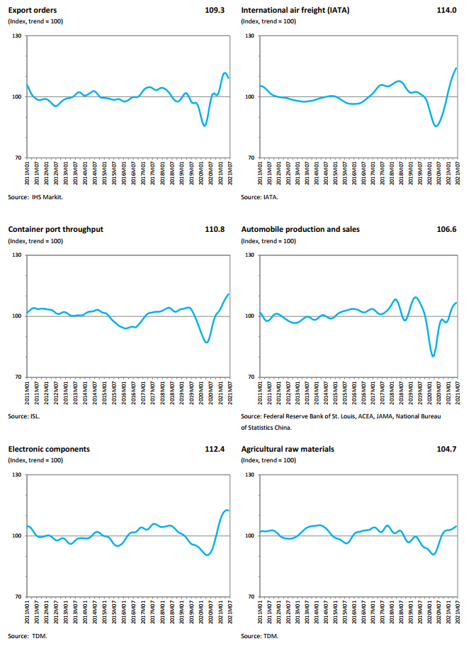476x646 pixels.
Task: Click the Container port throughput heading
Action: click(x=55, y=230)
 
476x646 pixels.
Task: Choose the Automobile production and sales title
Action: click(x=300, y=230)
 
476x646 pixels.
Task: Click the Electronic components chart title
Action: click(x=49, y=449)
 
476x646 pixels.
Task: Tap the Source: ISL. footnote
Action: click(x=24, y=416)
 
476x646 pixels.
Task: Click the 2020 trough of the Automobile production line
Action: click(x=433, y=355)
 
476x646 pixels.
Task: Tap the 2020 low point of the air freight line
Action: click(x=436, y=126)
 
